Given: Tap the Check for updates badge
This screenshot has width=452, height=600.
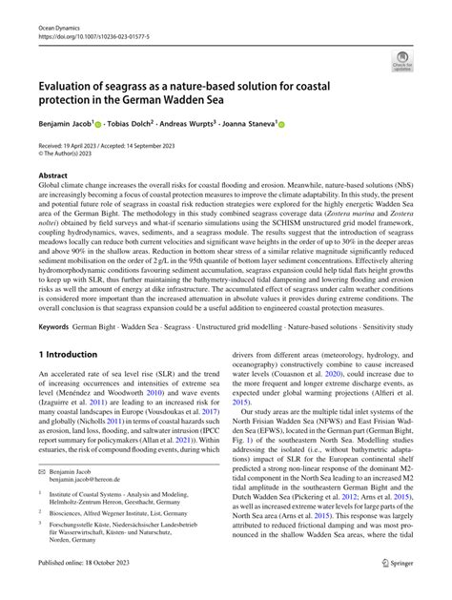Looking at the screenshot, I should click(x=401, y=63).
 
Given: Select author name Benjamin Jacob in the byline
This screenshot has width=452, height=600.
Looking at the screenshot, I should click(x=70, y=124).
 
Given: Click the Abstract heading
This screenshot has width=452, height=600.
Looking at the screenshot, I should click(x=52, y=176).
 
